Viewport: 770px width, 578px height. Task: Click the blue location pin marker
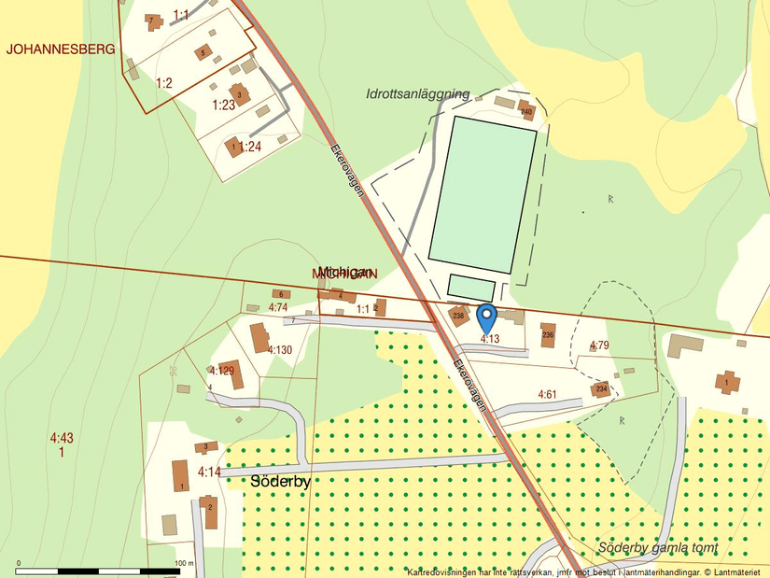coord(486,316)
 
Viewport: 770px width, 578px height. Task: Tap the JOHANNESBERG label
coord(61,49)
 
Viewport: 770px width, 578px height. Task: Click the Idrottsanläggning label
coord(417,94)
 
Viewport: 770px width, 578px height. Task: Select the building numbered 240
coord(525,110)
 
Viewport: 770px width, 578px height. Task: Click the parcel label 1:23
coord(224,105)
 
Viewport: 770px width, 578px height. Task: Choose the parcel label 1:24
coord(250,147)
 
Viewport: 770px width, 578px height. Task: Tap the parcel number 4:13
coord(490,338)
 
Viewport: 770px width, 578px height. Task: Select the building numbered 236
coord(548,333)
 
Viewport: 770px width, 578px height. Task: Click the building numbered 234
coord(601,388)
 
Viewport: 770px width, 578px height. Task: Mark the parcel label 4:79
coord(599,346)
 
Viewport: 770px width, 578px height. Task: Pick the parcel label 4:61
coord(547,395)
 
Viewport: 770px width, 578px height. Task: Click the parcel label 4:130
coord(280,350)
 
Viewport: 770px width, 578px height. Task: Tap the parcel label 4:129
coord(221,370)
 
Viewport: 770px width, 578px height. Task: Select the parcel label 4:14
coord(209,472)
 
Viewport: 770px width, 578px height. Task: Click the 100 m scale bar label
coord(183,563)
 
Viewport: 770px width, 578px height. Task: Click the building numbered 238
coord(458,316)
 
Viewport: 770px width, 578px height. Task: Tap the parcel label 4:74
coord(277,307)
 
